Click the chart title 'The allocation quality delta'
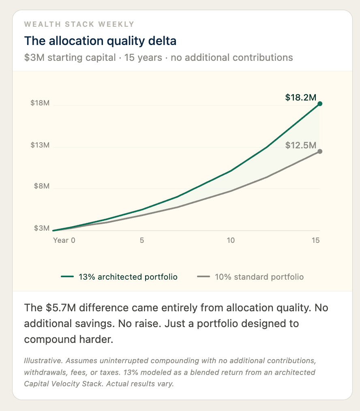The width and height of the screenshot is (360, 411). pyautogui.click(x=100, y=41)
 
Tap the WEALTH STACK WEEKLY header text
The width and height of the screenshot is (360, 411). pyautogui.click(x=79, y=24)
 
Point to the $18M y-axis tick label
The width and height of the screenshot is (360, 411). pyautogui.click(x=40, y=103)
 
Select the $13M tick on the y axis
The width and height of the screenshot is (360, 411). pyautogui.click(x=40, y=145)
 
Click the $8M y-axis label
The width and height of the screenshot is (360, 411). pyautogui.click(x=42, y=186)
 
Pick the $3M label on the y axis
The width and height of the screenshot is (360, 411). pyautogui.click(x=42, y=228)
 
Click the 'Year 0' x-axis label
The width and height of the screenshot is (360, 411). pyautogui.click(x=64, y=240)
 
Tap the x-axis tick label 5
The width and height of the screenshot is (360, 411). pyautogui.click(x=142, y=240)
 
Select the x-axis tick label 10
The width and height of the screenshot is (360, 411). pyautogui.click(x=230, y=240)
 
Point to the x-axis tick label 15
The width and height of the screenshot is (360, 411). pyautogui.click(x=316, y=240)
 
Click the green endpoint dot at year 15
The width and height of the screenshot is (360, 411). pyautogui.click(x=320, y=104)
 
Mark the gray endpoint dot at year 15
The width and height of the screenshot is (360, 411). pyautogui.click(x=320, y=152)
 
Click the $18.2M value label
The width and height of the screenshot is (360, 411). pyautogui.click(x=300, y=97)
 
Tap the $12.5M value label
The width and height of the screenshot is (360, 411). pyautogui.click(x=300, y=145)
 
